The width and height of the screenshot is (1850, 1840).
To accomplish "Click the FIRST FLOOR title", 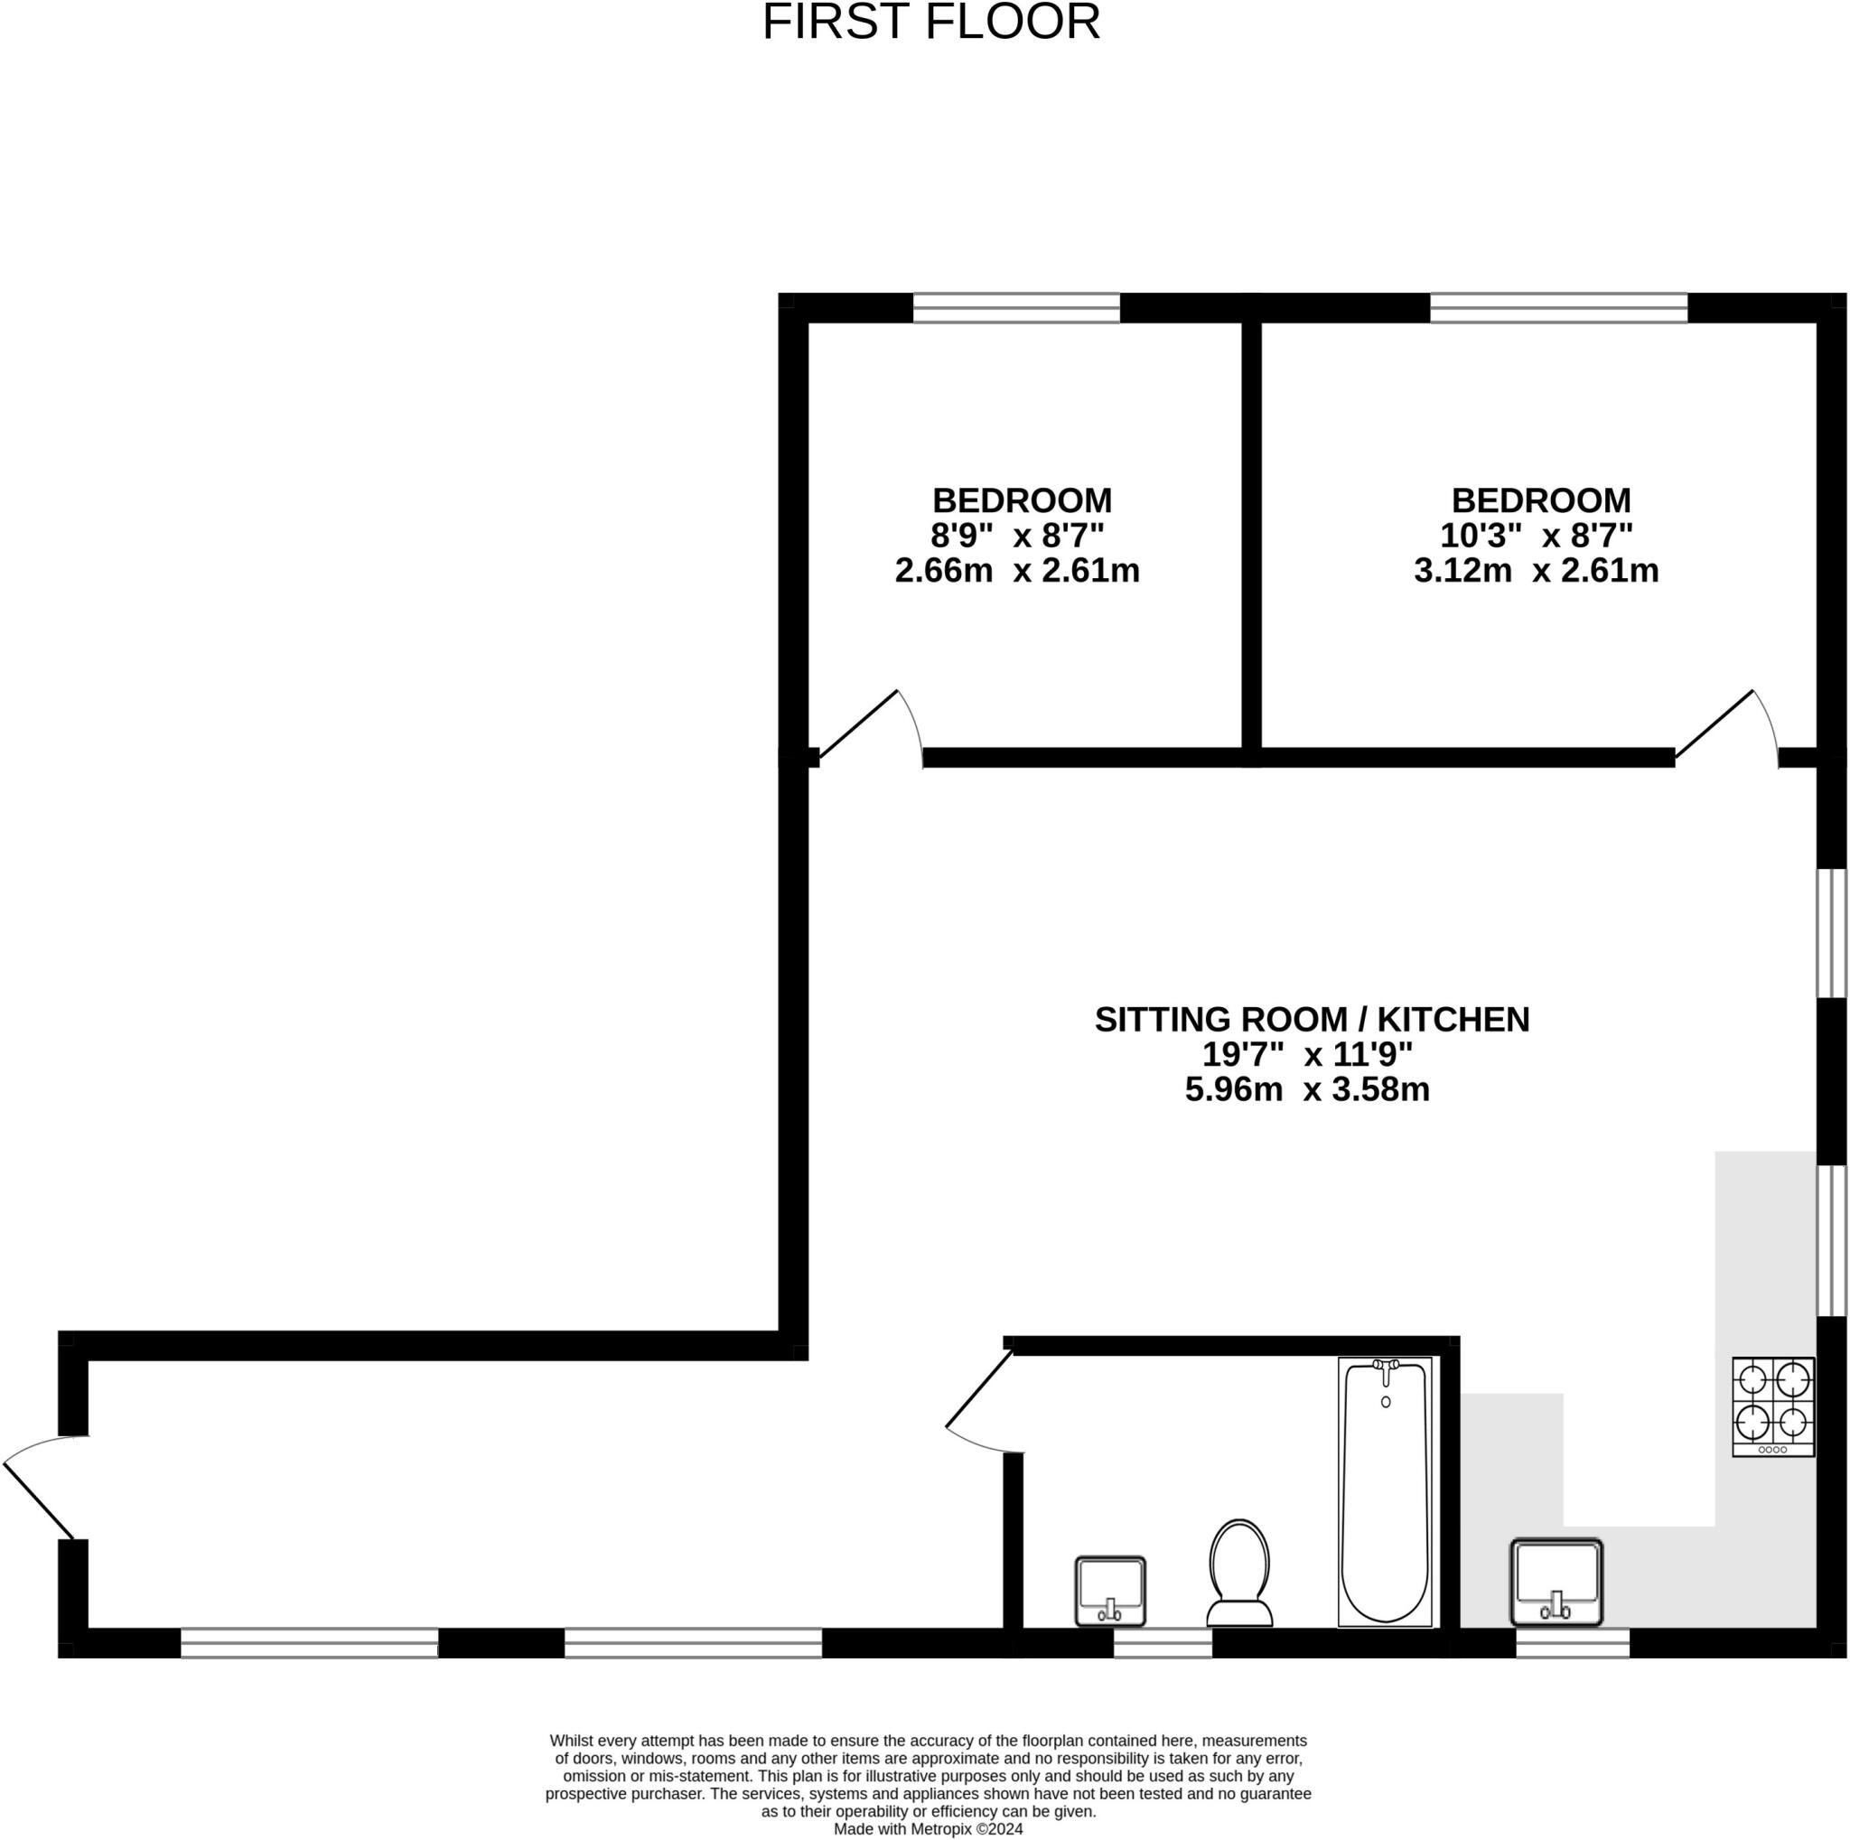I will pos(930,22).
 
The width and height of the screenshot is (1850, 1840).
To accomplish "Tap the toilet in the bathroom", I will pos(1239,1573).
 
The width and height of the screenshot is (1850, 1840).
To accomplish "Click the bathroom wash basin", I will pos(1110,1590).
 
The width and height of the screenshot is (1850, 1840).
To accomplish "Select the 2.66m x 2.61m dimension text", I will pos(1017,572).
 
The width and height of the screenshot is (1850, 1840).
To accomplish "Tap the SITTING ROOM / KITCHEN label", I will pos(1312,1020).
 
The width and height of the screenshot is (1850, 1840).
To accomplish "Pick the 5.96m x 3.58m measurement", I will pos(1307,1089).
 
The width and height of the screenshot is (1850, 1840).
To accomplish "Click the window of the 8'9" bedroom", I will pos(1016,308).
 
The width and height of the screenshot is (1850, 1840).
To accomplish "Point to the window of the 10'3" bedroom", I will pos(1558,308).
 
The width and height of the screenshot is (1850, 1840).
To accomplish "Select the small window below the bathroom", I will pos(1163,1644).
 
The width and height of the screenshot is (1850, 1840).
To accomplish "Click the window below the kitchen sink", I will pos(1573,1644).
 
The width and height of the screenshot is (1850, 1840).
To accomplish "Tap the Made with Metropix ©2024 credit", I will pos(928,1828).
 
